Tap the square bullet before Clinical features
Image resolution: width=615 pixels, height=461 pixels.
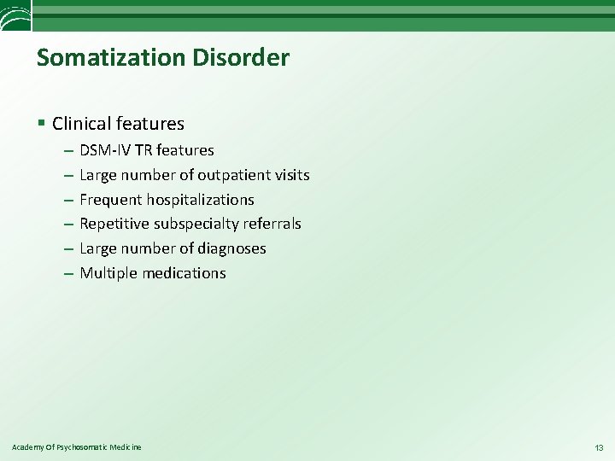click(x=42, y=124)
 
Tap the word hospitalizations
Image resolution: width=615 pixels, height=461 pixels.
click(x=202, y=200)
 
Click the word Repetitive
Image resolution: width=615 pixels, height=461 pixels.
click(x=114, y=224)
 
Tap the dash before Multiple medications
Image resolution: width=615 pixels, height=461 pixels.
click(x=67, y=273)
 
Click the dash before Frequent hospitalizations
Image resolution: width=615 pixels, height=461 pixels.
click(x=67, y=200)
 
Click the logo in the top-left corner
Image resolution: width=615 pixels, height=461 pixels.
click(x=15, y=15)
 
